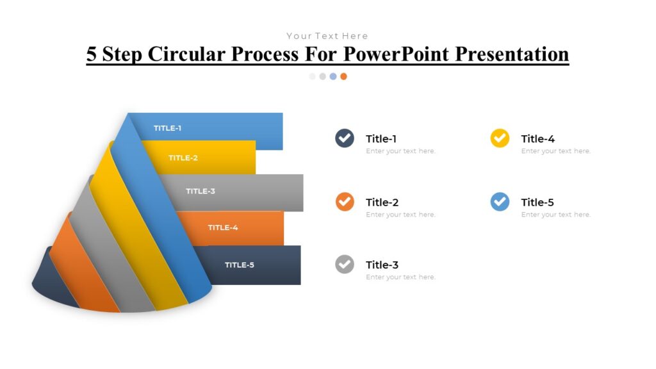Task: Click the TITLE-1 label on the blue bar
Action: tap(167, 128)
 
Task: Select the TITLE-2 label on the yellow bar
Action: tap(183, 158)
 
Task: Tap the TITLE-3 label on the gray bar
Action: tap(201, 191)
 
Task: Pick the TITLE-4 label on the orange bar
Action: tap(223, 227)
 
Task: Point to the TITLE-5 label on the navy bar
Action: tap(240, 265)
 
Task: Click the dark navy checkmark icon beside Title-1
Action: tap(345, 138)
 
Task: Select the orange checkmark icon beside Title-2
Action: tap(345, 202)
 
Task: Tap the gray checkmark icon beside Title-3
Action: tap(345, 264)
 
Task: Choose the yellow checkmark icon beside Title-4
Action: tap(500, 138)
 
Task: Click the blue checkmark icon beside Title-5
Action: tap(500, 202)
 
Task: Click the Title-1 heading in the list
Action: tap(382, 139)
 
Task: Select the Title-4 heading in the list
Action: tap(537, 139)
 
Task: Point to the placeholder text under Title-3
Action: tap(400, 277)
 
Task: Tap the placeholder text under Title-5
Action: tap(555, 215)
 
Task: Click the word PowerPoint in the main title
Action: tap(397, 54)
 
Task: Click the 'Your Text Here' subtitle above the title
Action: tap(327, 36)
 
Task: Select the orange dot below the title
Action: tap(344, 76)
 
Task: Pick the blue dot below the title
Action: tap(333, 76)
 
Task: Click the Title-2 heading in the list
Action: tap(382, 202)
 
